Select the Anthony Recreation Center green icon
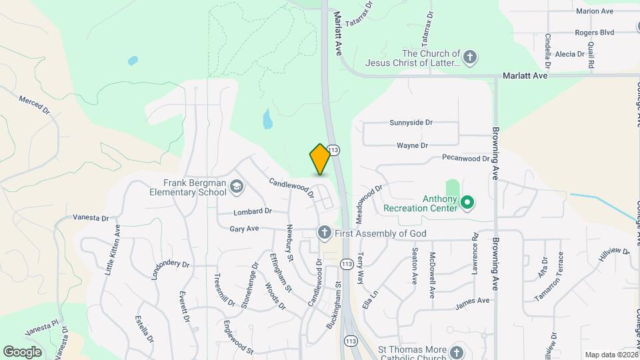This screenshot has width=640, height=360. click(x=468, y=201)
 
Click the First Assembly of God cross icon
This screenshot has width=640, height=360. click(x=324, y=233)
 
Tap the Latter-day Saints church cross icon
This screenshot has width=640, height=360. click(x=470, y=57)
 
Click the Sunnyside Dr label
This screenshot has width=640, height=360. click(x=411, y=123)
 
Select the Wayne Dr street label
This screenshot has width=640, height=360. click(x=412, y=145)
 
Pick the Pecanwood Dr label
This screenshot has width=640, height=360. click(x=466, y=159)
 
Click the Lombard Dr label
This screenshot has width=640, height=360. click(x=253, y=211)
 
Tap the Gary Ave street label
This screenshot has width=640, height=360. click(x=244, y=229)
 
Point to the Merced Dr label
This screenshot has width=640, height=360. click(x=35, y=105)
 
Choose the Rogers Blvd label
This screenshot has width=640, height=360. click(x=593, y=32)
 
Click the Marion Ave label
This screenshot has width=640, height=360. click(x=594, y=11)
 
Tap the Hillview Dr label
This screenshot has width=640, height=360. click(x=613, y=255)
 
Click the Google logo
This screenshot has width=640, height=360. click(x=22, y=351)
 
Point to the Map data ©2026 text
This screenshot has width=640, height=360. click(x=611, y=355)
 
